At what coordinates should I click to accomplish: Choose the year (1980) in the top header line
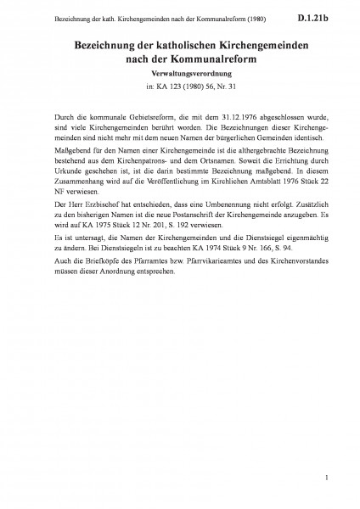[x=204, y=16]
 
